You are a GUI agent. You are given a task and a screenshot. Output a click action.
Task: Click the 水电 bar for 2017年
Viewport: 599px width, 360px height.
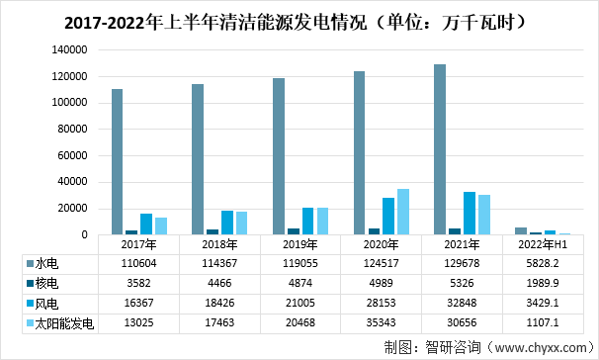click(x=117, y=162)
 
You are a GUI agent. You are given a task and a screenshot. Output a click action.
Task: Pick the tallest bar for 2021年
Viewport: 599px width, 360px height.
click(x=440, y=149)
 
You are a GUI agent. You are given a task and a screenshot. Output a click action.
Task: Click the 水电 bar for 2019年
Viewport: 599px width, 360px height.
click(x=279, y=156)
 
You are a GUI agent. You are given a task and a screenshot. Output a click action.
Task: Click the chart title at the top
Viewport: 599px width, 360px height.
click(x=299, y=20)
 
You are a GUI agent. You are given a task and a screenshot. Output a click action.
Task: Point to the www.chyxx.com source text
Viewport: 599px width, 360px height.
click(x=524, y=347)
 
